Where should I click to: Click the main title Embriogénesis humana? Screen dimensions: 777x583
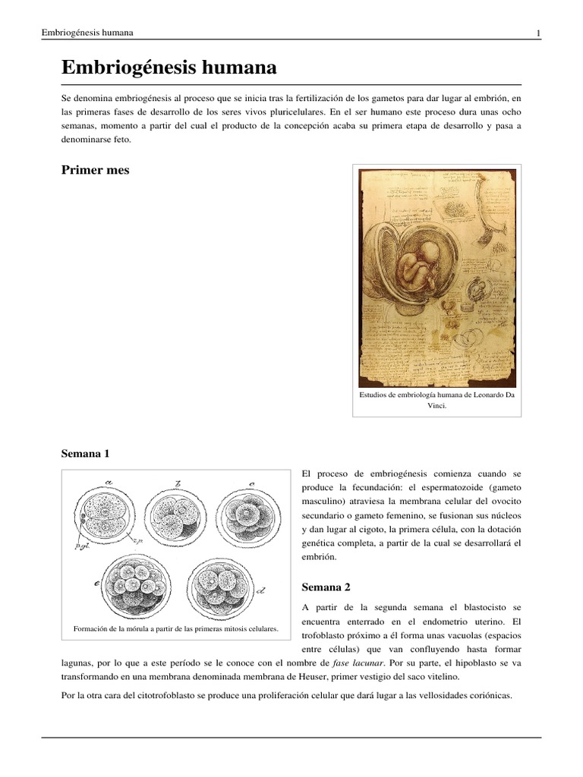pyautogui.click(x=169, y=68)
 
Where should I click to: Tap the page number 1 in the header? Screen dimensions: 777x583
pyautogui.click(x=537, y=33)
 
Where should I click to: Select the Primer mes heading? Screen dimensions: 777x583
pyautogui.click(x=95, y=170)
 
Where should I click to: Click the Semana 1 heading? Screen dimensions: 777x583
pyautogui.click(x=85, y=454)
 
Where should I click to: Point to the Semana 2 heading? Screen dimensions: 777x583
pyautogui.click(x=327, y=587)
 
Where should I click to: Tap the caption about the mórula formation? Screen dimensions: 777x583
pyautogui.click(x=175, y=629)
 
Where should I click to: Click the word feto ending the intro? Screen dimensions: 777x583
pyautogui.click(x=120, y=140)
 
